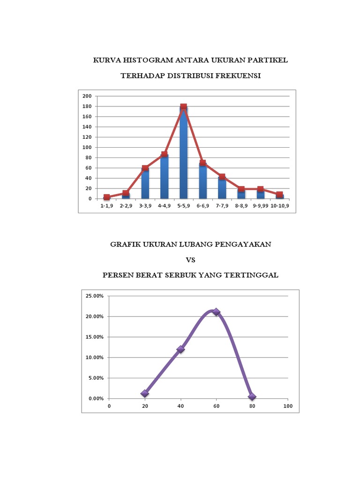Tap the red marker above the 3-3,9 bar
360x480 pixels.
(x=145, y=168)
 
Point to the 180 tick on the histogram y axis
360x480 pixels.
(x=87, y=106)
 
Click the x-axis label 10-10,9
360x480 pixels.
(x=279, y=205)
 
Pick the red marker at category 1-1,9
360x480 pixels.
(x=107, y=197)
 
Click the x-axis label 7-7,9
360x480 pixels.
(x=222, y=205)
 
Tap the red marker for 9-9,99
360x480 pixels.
(x=260, y=189)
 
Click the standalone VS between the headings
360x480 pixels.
(x=190, y=260)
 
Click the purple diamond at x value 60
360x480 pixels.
(x=216, y=312)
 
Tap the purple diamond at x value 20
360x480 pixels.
(x=145, y=393)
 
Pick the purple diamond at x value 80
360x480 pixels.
(x=252, y=397)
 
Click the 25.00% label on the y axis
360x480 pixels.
(x=95, y=296)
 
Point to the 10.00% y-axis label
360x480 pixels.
(x=95, y=357)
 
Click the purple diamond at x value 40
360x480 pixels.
(x=180, y=349)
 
